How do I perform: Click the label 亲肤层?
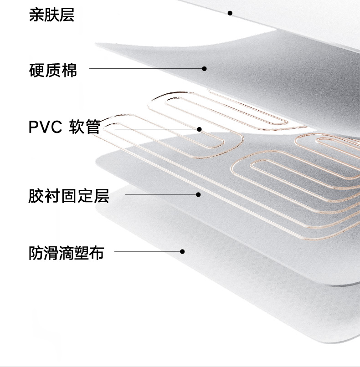(x=51, y=15)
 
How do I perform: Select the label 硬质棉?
(x=53, y=71)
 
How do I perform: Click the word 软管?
(x=84, y=127)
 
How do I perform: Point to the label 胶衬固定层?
(x=68, y=196)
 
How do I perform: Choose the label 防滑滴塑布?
(x=66, y=253)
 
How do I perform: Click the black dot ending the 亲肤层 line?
(x=230, y=13)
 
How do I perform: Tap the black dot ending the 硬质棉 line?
(x=205, y=69)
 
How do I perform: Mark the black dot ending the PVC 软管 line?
(x=199, y=129)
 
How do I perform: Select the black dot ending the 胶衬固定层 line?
(x=198, y=194)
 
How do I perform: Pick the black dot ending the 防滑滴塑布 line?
(x=182, y=251)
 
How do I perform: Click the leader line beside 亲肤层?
(x=173, y=13)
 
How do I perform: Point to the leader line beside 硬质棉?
(x=146, y=69)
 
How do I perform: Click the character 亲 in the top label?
(x=36, y=15)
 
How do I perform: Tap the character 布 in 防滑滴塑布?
(x=96, y=253)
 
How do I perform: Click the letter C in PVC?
(x=56, y=127)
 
